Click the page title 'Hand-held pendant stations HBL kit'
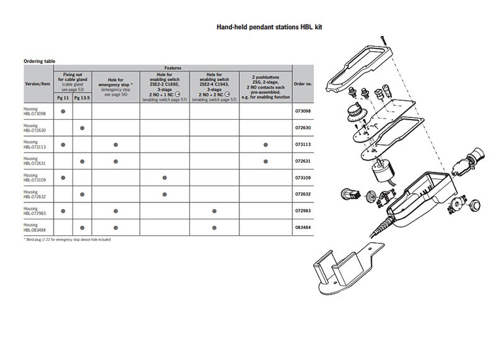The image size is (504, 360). [270, 28]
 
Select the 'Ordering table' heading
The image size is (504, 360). [40, 61]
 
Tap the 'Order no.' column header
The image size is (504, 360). [303, 83]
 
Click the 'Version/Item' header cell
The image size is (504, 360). [37, 83]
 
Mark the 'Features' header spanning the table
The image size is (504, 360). [173, 67]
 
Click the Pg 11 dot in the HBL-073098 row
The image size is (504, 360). [63, 112]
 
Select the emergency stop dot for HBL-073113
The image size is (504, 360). [116, 145]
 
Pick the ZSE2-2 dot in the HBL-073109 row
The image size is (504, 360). [164, 178]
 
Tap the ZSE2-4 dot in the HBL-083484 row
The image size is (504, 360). [214, 227]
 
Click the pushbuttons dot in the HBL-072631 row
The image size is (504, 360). [266, 161]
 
